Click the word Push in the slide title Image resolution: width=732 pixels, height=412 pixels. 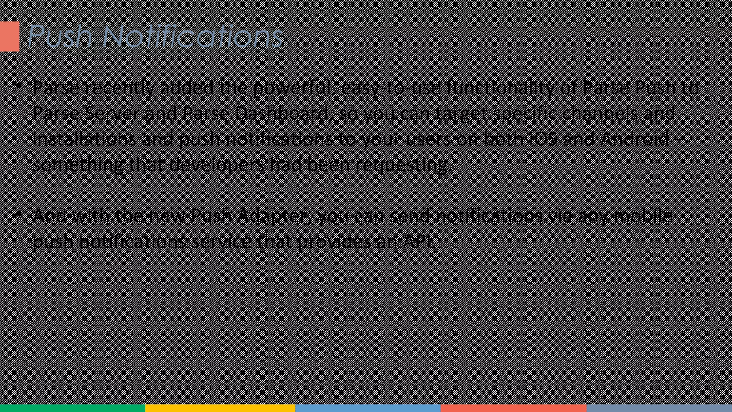60,36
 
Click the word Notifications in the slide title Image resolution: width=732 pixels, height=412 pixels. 193,36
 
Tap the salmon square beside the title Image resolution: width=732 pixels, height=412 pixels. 9,36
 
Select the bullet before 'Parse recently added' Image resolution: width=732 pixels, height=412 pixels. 19,86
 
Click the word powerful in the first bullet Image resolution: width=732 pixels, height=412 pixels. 295,88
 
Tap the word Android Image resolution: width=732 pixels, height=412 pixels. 634,139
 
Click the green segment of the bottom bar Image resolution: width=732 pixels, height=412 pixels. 73,408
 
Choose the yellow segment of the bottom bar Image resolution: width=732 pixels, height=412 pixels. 220,408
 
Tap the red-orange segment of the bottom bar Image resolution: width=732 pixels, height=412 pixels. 513,408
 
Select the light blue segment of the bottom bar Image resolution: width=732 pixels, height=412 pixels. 368,408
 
